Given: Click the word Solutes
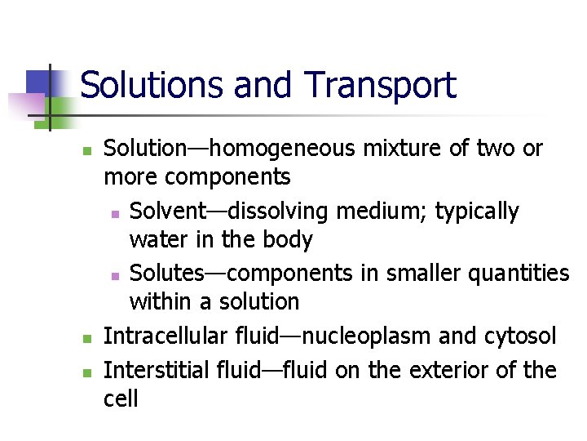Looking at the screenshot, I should [x=168, y=272].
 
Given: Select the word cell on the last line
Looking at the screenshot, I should [x=121, y=399].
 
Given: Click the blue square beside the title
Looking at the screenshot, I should [x=38, y=82].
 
